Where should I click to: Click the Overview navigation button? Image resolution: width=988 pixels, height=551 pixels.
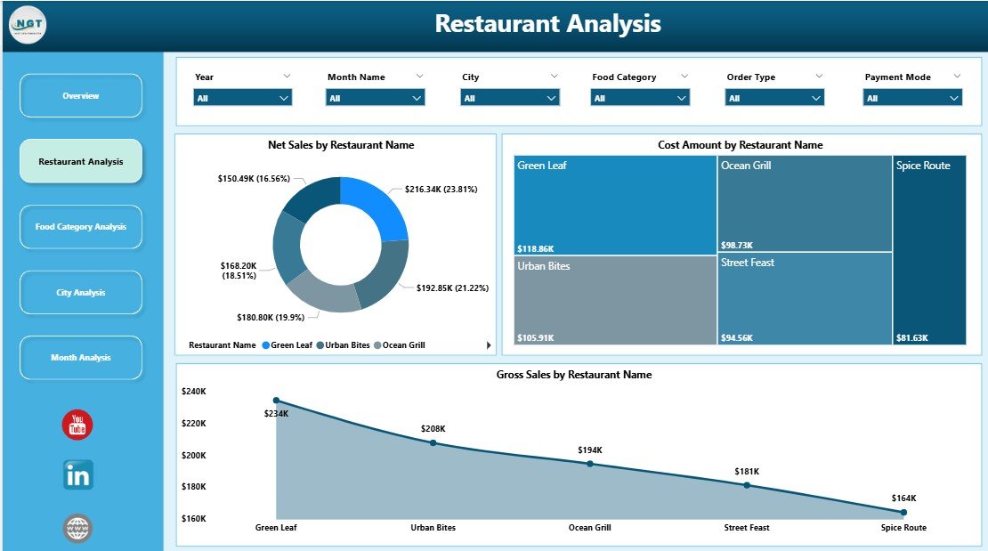[x=81, y=95]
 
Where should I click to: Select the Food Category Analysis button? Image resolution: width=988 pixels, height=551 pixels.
[x=81, y=227]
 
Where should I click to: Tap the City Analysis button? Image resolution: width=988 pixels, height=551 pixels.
[x=81, y=292]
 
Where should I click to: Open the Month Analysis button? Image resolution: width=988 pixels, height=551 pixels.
[x=81, y=357]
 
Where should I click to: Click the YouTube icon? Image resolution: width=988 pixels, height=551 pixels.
[x=77, y=425]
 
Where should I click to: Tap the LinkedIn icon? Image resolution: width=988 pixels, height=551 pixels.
[x=77, y=475]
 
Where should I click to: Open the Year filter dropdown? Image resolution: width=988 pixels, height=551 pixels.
[x=243, y=98]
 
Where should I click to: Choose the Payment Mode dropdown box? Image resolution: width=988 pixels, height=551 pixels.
[x=912, y=98]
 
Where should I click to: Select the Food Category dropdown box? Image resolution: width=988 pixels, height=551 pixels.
[x=640, y=98]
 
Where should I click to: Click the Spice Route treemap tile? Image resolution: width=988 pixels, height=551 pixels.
[x=929, y=250]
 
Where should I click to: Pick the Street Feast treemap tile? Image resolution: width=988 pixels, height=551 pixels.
[x=805, y=298]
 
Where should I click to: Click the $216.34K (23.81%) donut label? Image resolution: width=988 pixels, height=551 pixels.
[x=441, y=190]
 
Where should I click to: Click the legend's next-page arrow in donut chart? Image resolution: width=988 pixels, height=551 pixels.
[x=488, y=345]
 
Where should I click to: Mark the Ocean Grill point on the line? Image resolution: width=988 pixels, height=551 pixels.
[x=590, y=464]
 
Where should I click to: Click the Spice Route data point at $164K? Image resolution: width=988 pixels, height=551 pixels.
[x=903, y=512]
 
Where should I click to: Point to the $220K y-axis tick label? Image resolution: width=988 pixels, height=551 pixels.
[x=193, y=424]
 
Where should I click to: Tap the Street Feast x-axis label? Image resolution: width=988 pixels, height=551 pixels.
[x=746, y=528]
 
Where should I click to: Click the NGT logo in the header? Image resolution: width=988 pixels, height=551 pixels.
[x=28, y=24]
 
